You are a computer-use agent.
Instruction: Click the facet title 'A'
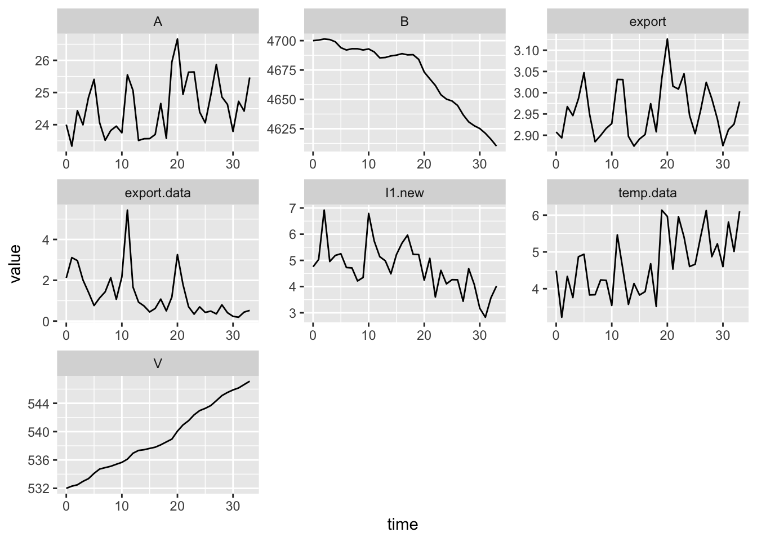(x=158, y=22)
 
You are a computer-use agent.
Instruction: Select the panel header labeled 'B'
(x=404, y=22)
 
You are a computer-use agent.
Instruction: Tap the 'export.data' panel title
(x=158, y=193)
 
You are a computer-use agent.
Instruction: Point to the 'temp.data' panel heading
(x=651, y=193)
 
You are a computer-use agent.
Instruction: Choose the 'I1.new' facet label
(x=404, y=193)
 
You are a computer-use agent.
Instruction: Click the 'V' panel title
(x=158, y=363)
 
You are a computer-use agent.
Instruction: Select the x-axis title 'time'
(x=403, y=525)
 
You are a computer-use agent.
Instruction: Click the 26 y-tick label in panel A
(x=43, y=60)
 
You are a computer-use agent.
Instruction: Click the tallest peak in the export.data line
(x=127, y=210)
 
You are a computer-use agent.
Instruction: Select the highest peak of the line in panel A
(x=177, y=39)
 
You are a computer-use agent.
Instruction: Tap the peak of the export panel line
(x=667, y=39)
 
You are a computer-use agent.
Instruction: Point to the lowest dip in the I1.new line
(x=485, y=317)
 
